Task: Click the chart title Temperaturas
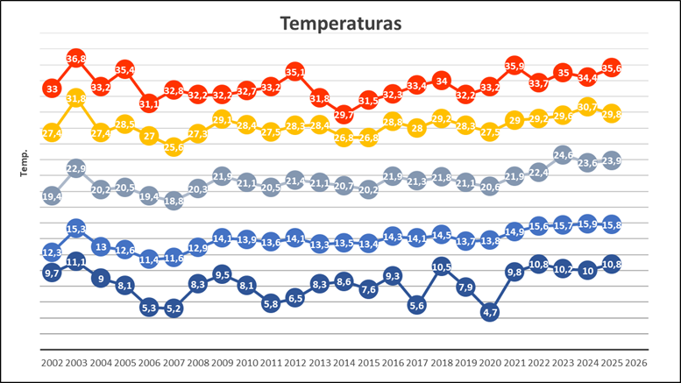click(340, 24)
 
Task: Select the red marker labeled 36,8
click(76, 59)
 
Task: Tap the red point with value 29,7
click(344, 114)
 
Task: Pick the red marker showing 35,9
click(514, 66)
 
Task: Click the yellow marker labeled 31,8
click(76, 98)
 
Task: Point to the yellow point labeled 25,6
click(174, 147)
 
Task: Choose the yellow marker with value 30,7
click(587, 107)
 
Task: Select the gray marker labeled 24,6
click(563, 155)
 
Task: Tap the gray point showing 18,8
click(174, 201)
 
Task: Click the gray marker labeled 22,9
click(76, 168)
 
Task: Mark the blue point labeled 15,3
click(76, 229)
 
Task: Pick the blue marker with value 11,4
click(149, 259)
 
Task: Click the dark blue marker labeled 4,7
click(490, 312)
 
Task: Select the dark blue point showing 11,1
click(76, 261)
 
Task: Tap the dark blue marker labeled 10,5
click(441, 266)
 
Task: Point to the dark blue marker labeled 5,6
click(416, 305)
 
